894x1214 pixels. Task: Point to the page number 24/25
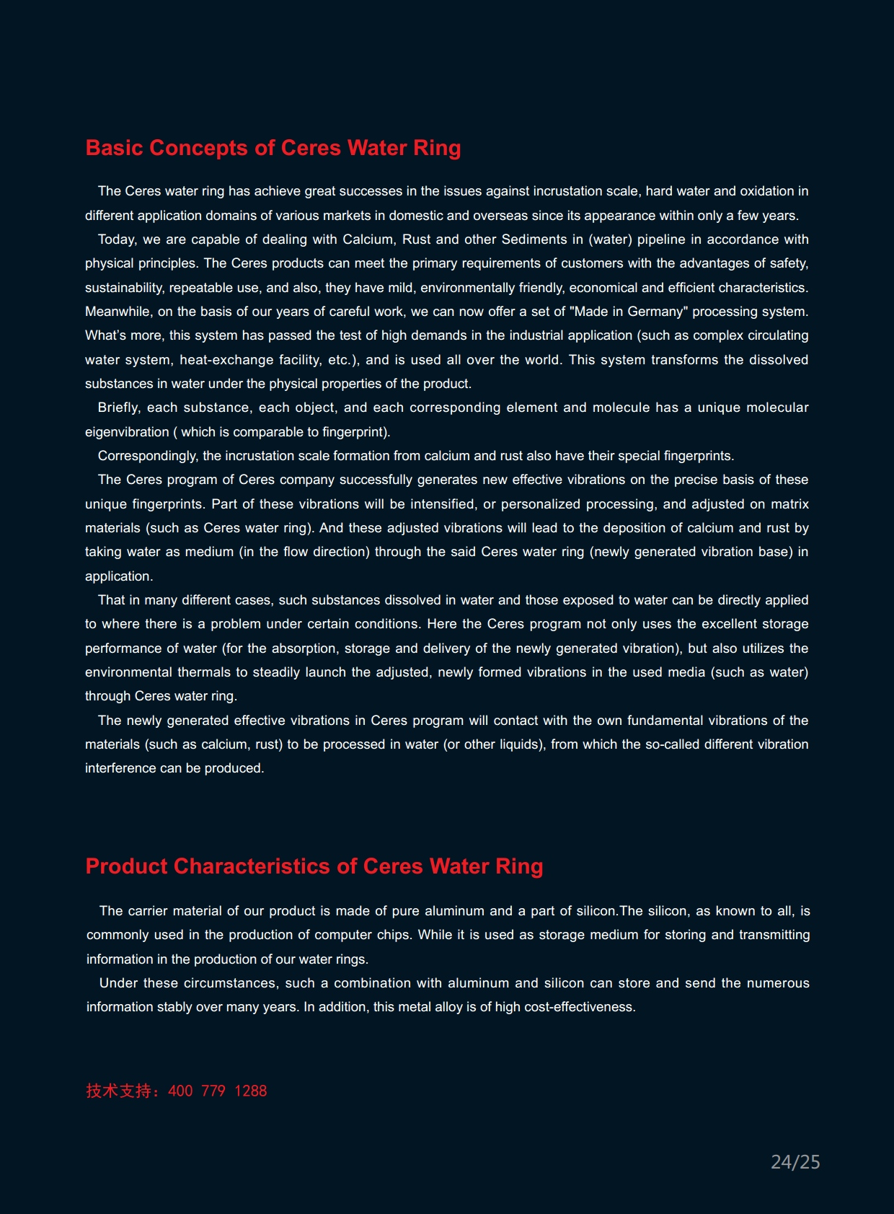(x=795, y=1162)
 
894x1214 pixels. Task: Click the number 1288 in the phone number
(x=250, y=1091)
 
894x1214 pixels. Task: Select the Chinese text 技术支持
(x=119, y=1091)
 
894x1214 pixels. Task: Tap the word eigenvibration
(x=127, y=432)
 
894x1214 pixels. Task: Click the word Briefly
(x=118, y=408)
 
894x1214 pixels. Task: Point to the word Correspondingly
(x=147, y=456)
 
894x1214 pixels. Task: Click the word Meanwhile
(x=118, y=312)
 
